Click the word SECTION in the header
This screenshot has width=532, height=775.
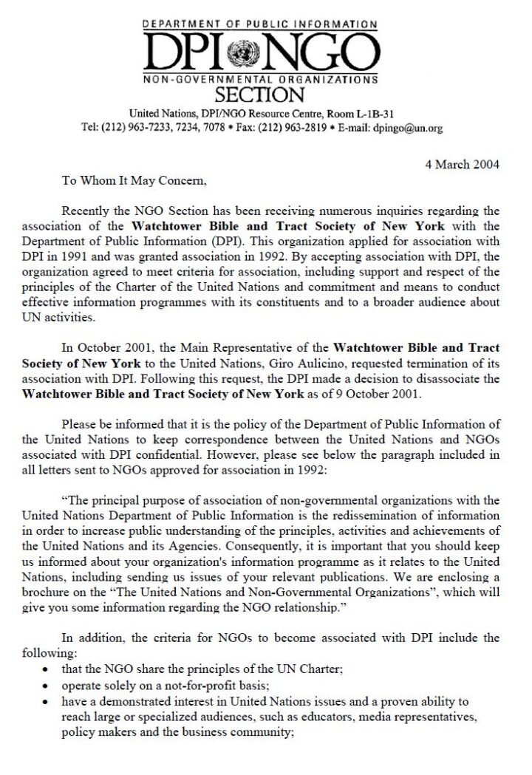(x=259, y=95)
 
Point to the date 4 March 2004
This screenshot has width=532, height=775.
(x=462, y=164)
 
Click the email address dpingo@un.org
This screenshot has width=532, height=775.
(x=408, y=128)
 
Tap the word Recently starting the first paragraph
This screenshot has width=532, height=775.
(x=88, y=212)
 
